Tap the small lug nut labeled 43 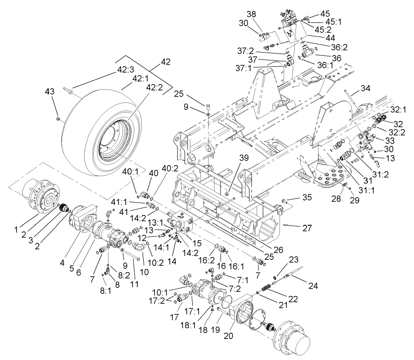(58, 119)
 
